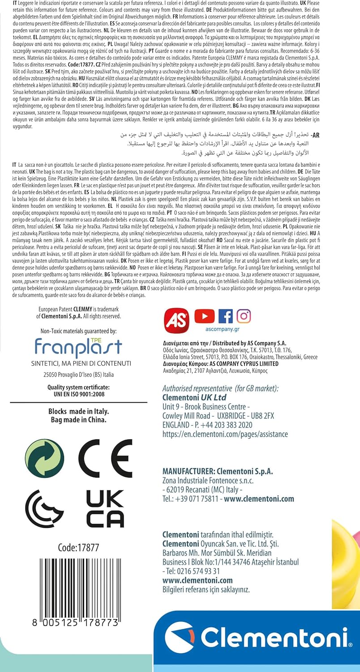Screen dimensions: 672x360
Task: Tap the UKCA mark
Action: coord(105,508)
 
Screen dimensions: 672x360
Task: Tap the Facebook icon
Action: coord(225,316)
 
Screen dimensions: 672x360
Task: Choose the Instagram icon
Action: coord(244,316)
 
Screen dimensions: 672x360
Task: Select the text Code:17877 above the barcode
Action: coord(78,547)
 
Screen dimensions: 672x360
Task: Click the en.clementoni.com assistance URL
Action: coord(225,434)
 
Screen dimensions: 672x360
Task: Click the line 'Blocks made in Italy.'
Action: coord(78,411)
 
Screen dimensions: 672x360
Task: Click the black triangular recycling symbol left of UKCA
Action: coord(44,508)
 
